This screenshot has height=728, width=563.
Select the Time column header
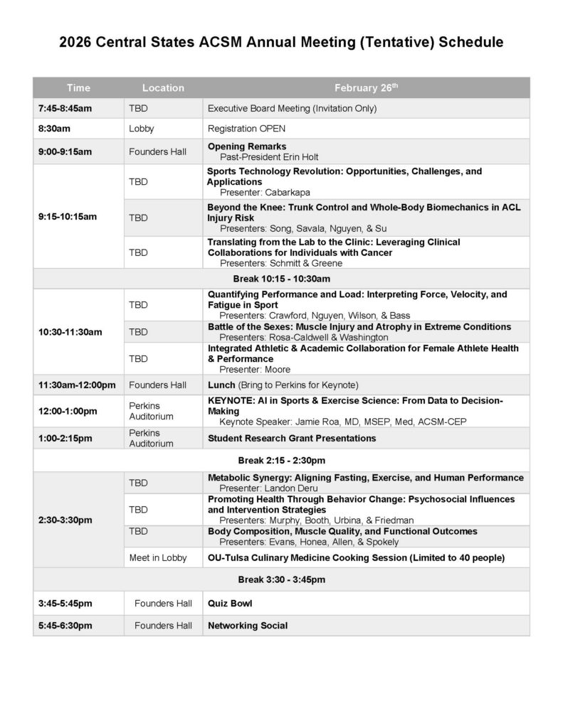(x=78, y=88)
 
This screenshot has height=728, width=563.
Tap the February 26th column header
(x=366, y=88)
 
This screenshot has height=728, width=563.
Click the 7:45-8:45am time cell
(x=65, y=109)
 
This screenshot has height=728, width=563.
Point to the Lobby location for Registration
(x=142, y=129)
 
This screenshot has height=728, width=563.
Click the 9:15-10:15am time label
(x=67, y=216)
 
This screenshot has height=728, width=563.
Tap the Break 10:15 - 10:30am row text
(x=281, y=278)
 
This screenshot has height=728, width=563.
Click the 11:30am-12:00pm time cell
(x=77, y=385)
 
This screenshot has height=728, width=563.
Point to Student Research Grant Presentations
(x=292, y=438)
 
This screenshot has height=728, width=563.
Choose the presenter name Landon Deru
(x=291, y=488)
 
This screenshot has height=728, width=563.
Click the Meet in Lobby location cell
(x=158, y=557)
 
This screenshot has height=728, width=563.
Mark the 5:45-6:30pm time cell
(x=65, y=626)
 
